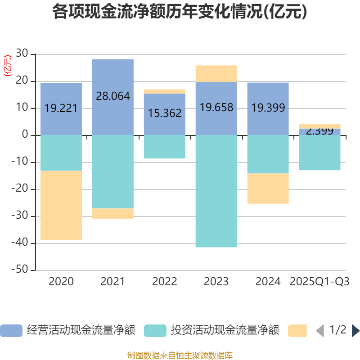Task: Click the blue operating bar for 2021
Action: pos(112,76)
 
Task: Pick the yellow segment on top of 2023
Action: pos(216,73)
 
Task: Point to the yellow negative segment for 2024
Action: pos(268,189)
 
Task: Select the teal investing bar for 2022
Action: pos(164,147)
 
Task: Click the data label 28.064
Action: pos(112,96)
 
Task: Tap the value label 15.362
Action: pos(165,113)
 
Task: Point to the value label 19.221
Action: pos(61,108)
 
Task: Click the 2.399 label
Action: pos(319,131)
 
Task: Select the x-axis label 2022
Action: pos(165,282)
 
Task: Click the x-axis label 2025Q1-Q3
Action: pos(319,282)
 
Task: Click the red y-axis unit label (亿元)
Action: pos(7,66)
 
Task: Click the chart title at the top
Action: pos(180,12)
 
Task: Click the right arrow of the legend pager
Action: pos(355,331)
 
